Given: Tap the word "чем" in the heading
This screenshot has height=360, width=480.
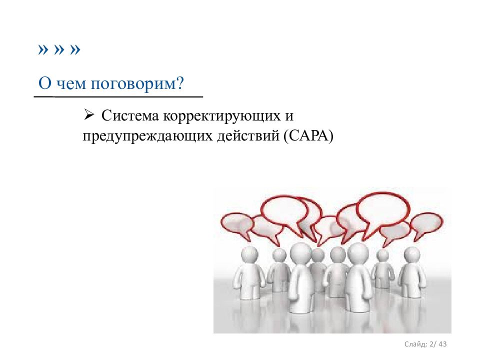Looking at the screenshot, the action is pos(71,83).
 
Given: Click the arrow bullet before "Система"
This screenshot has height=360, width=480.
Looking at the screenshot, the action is pos(88,115).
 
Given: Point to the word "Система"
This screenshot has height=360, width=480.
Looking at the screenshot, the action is pos(130,115).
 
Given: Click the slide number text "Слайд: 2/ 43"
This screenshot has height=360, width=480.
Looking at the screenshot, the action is pos(425,344).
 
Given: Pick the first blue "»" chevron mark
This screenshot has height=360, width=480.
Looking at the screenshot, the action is pos(43,49).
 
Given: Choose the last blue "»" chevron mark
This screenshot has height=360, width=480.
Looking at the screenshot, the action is pos(75,49).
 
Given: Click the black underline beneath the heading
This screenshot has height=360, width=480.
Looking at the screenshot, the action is pos(118,96).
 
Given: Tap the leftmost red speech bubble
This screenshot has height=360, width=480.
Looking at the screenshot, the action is pos(236,222).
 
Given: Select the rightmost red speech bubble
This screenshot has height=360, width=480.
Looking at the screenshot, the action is pos(426,223).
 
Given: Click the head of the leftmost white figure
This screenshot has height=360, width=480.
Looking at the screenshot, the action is pos(250,254).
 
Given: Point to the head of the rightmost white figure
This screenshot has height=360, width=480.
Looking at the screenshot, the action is pos(411,255).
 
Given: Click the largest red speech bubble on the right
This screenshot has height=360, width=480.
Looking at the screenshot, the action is pos(383,208).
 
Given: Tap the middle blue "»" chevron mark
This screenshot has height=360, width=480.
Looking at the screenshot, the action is pos(59,49).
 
